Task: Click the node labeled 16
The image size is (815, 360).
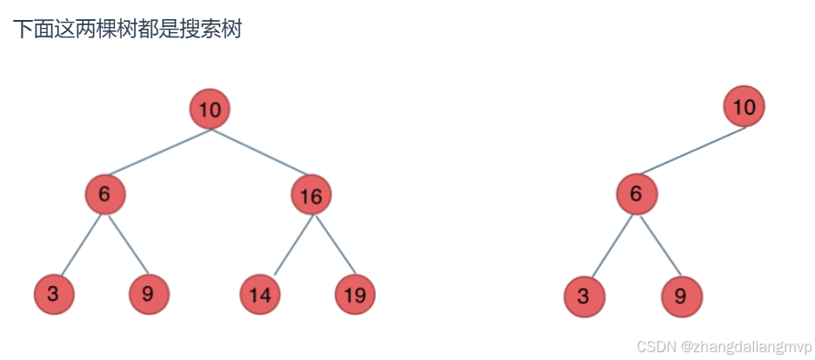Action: (x=311, y=196)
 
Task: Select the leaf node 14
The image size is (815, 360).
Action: (x=259, y=295)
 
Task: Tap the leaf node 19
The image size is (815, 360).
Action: (x=354, y=295)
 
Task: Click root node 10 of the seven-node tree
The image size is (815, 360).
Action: (x=210, y=110)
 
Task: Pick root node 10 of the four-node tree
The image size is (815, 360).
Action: (x=744, y=107)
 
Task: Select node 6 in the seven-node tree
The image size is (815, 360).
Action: (x=104, y=194)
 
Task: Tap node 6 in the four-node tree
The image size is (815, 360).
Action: (x=637, y=193)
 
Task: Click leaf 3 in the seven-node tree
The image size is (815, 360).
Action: (x=54, y=294)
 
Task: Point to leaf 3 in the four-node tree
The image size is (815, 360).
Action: (x=584, y=297)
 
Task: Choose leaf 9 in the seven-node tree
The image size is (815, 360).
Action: (x=148, y=294)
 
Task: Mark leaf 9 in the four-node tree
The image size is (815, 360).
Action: (x=680, y=297)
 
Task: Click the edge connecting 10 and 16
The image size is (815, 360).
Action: (x=258, y=151)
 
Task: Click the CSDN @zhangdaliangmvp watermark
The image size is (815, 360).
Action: (x=724, y=346)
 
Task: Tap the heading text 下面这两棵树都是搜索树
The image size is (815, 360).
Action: (x=127, y=29)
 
